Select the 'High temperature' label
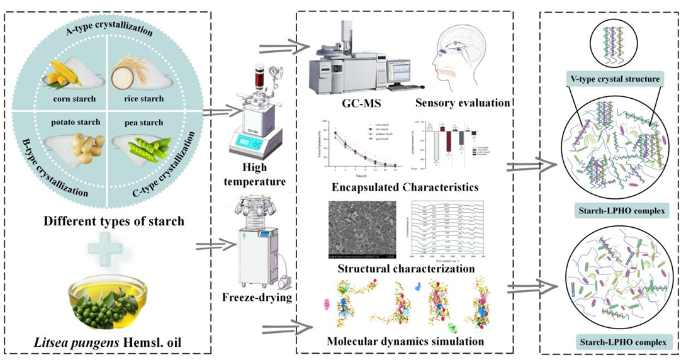[x=264, y=175]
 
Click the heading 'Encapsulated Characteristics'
[x=405, y=187]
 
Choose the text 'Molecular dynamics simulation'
[x=405, y=342]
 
